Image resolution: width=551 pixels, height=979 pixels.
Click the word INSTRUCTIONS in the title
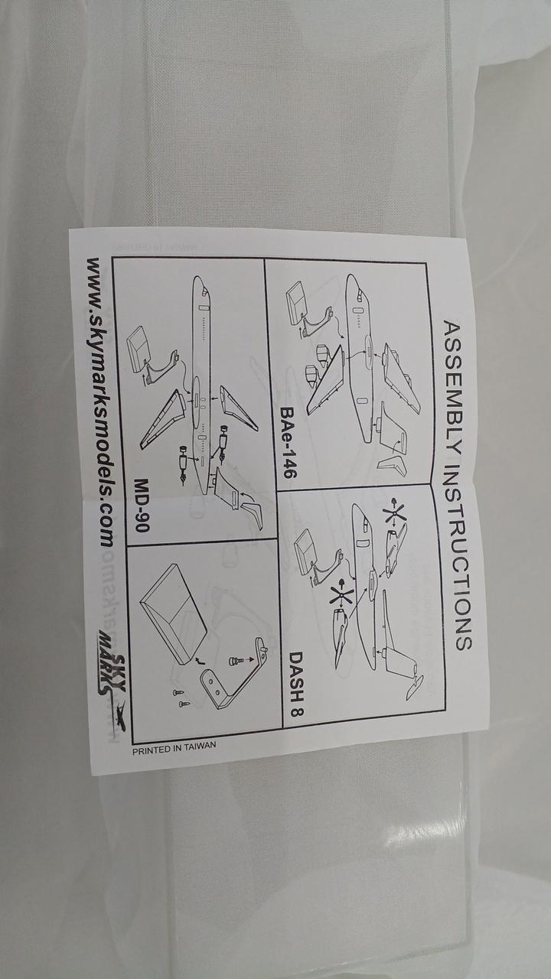460,555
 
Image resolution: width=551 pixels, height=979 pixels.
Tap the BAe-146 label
289,442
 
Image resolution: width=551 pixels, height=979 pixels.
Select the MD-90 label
142,504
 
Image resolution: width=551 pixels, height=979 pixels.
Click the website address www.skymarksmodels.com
100,402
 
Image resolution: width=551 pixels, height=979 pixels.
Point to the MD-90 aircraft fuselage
201,385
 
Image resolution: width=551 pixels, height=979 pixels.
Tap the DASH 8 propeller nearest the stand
342,594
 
